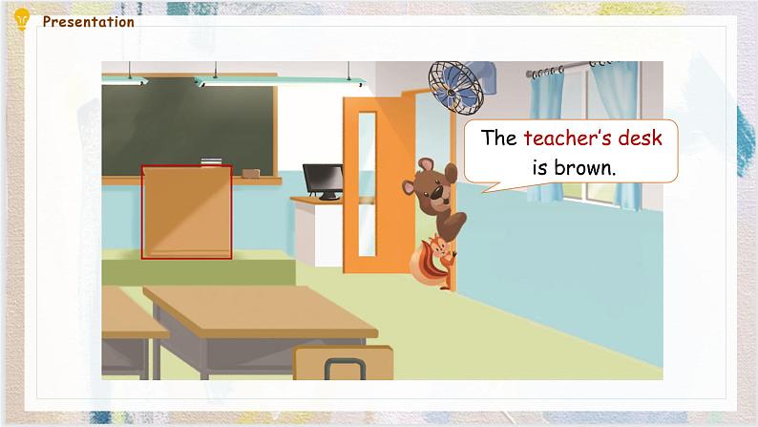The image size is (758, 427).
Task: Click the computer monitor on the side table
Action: click(323, 180)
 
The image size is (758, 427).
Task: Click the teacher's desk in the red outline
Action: click(186, 211)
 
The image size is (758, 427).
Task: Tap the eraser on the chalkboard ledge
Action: click(252, 172)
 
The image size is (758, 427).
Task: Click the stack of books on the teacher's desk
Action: click(210, 160)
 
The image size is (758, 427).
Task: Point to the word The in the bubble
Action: click(498, 138)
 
